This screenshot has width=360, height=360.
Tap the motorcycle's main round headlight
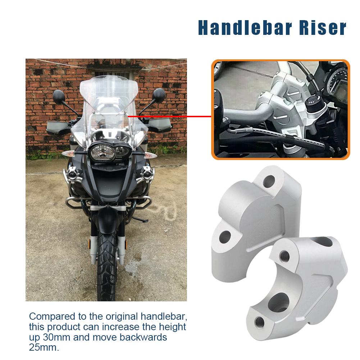tap(102, 153)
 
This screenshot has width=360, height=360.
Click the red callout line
tap(169, 117)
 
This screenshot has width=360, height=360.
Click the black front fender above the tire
tap(106, 219)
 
